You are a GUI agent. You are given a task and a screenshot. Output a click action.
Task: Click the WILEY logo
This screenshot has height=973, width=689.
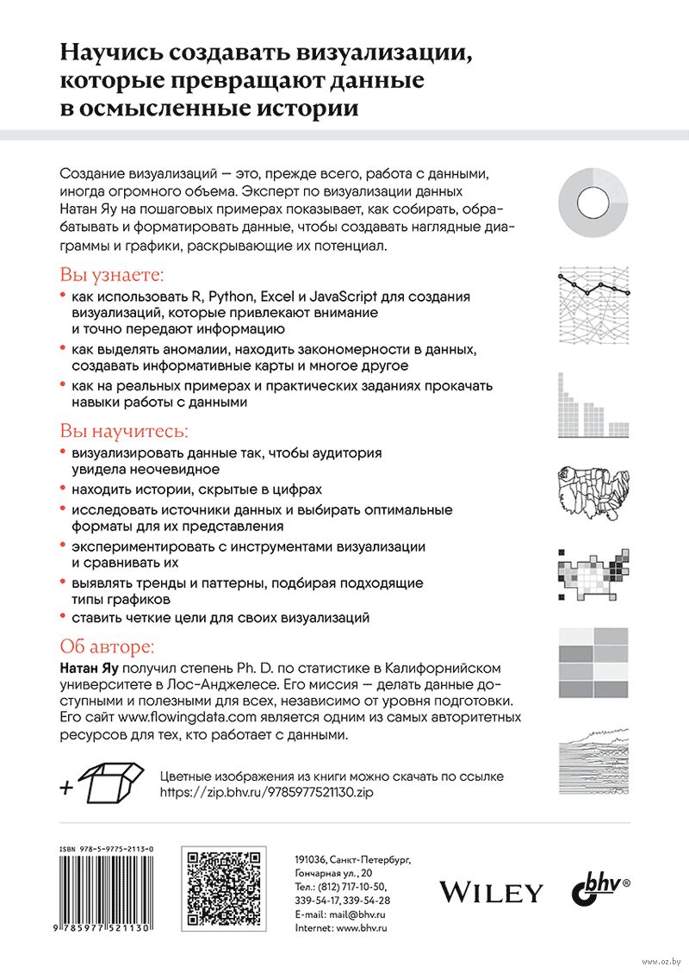[492, 892]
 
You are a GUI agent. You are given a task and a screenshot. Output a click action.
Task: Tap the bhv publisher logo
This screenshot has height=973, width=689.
[600, 889]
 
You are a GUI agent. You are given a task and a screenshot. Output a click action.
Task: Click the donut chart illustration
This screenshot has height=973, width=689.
[594, 203]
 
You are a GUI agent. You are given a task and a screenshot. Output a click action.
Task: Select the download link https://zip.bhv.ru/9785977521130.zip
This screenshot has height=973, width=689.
[269, 792]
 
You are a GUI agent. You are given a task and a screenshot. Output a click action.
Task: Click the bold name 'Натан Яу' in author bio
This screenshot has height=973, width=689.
[90, 669]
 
